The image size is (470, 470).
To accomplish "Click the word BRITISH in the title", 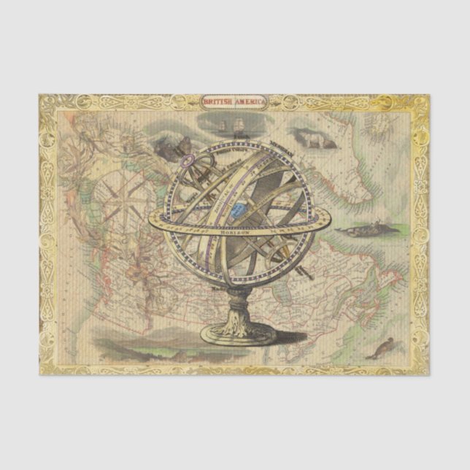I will [x=217, y=101].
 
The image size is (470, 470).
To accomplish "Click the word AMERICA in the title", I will [x=252, y=101].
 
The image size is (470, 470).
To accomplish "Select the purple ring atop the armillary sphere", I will [x=189, y=160].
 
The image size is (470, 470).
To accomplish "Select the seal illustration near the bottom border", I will [x=380, y=348].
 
